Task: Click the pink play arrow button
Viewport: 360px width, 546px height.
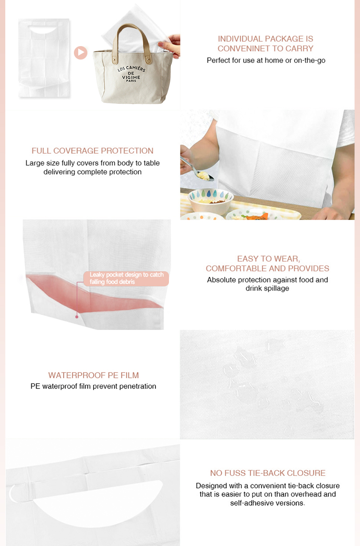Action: (x=81, y=52)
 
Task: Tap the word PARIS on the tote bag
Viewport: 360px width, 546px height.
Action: (x=131, y=81)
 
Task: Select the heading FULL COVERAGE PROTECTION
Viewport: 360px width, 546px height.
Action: (x=92, y=151)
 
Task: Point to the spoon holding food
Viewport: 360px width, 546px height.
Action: (x=197, y=169)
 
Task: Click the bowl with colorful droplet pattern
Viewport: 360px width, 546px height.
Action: (x=210, y=201)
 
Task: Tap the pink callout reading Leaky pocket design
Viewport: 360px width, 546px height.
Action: (x=126, y=279)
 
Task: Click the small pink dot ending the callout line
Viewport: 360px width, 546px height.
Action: (x=77, y=317)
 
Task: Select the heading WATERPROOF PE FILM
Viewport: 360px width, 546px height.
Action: (x=93, y=376)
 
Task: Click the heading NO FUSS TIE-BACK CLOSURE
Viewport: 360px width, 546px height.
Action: (x=267, y=473)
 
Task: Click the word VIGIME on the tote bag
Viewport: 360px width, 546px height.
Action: (x=131, y=77)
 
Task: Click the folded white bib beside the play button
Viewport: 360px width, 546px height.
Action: (x=44, y=58)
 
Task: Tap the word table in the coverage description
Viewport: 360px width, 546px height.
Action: (x=152, y=163)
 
